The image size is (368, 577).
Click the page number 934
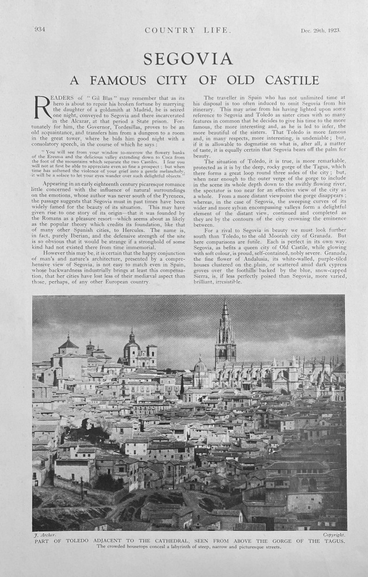(x=40, y=30)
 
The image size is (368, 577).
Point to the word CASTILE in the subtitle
(x=293, y=80)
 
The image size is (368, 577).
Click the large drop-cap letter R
(x=43, y=108)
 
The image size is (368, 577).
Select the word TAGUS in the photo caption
(x=330, y=542)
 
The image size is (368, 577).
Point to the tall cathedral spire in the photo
(x=225, y=332)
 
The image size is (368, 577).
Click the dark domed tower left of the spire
(x=131, y=349)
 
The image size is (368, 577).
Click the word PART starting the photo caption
(x=44, y=542)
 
